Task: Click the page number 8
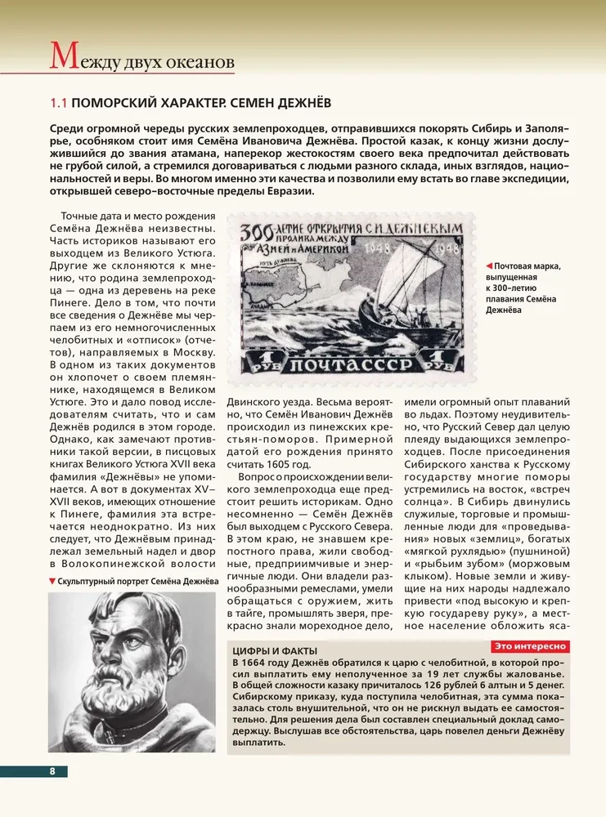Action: click(x=52, y=771)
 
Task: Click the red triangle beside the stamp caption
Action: click(x=488, y=266)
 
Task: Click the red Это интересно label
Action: click(x=530, y=646)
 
